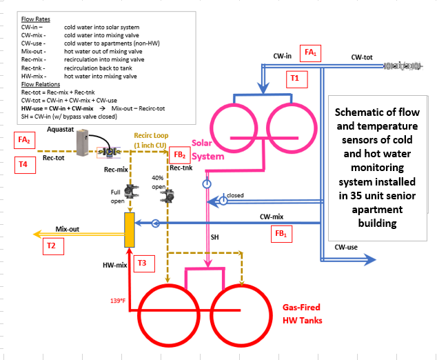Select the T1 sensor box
294,79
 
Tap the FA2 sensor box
25,140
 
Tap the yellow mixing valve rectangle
129,230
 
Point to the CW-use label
345,247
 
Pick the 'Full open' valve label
119,196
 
